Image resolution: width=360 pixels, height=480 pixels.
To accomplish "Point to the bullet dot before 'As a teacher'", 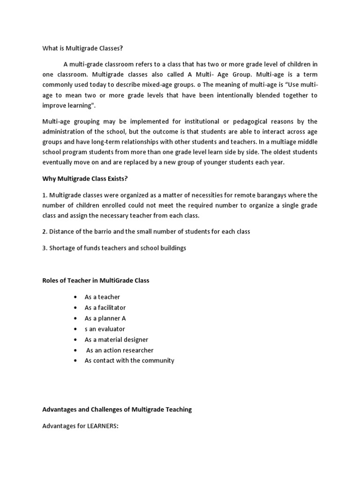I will (75, 297).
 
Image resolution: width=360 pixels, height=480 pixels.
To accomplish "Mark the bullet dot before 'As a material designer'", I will (75, 340).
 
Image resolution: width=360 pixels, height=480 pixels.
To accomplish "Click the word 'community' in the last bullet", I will (157, 360).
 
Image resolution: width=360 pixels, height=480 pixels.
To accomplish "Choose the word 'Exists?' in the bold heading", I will (118, 179).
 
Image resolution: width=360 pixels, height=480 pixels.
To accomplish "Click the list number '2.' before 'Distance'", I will (45, 232).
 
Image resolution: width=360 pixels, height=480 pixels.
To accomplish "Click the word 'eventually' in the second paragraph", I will (58, 163).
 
